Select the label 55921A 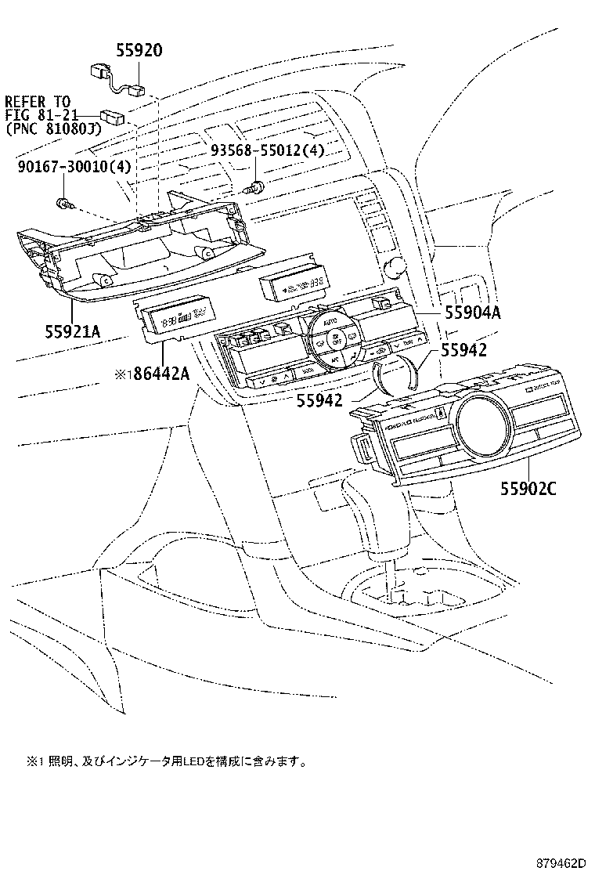point(71,331)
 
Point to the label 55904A point(472,313)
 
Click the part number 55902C point(528,490)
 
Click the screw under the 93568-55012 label point(254,188)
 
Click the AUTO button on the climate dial point(330,322)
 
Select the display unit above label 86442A point(174,320)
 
